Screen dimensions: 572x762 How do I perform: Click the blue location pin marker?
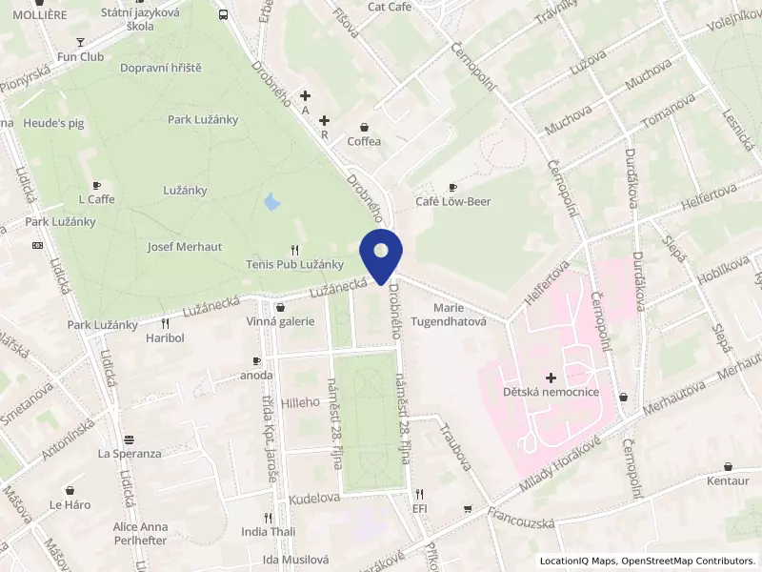[381, 254]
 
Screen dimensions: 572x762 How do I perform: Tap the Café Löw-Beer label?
[452, 201]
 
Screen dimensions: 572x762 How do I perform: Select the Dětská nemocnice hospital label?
[551, 392]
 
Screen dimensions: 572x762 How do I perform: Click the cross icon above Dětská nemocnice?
[551, 378]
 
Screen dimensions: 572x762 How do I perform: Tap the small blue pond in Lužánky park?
[271, 202]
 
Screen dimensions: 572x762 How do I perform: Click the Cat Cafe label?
[389, 7]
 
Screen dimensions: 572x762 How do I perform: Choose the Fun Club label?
[80, 56]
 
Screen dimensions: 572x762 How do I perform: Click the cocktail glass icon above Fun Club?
[80, 42]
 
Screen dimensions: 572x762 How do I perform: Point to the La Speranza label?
[130, 453]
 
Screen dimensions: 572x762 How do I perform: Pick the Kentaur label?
[729, 480]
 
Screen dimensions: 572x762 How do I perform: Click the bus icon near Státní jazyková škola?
[223, 15]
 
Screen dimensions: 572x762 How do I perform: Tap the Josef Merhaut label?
[185, 246]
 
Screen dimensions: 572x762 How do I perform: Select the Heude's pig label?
[54, 124]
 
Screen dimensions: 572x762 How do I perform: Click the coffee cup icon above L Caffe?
[95, 185]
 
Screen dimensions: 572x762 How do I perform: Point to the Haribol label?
[165, 337]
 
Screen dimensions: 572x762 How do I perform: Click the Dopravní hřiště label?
[161, 68]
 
